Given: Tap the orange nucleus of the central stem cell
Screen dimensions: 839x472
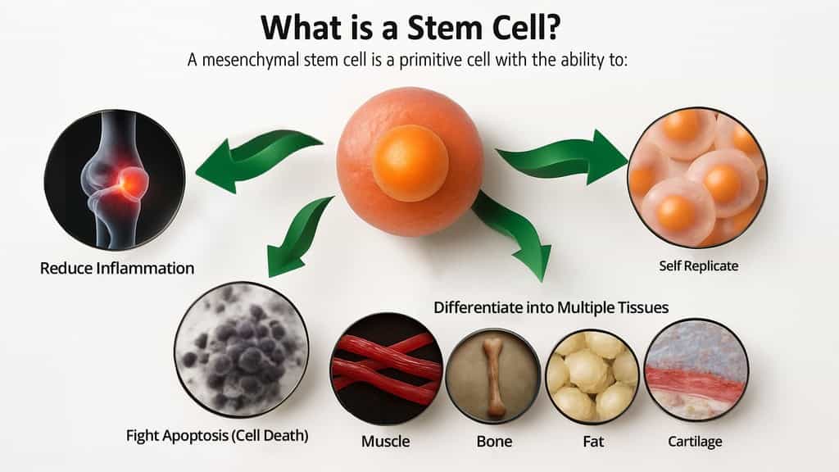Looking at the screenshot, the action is [410, 162].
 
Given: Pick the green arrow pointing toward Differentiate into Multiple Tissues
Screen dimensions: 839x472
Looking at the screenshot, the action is [511, 229].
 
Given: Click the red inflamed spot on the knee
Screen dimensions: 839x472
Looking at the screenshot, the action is [131, 182].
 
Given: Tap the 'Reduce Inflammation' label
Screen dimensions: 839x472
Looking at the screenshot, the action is [117, 267].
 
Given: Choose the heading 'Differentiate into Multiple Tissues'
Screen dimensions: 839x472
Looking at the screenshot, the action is [551, 307].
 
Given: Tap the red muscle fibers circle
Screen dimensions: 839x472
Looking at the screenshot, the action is [386, 368].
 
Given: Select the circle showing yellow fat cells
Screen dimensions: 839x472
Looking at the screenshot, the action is [592, 374].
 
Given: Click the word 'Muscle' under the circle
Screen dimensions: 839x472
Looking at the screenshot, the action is [385, 442].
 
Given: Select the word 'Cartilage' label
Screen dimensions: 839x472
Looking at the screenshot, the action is [695, 442].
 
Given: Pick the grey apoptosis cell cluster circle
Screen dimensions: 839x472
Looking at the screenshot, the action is [242, 348].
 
